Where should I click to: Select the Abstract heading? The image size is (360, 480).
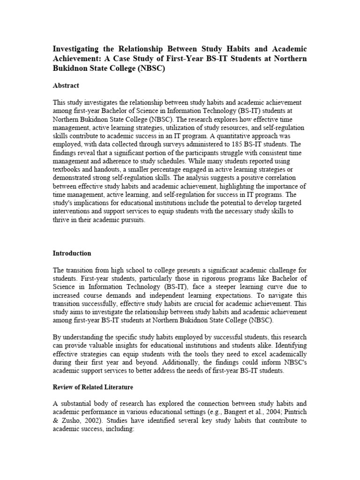click(x=66, y=85)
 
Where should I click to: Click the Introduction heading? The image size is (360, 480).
click(x=72, y=253)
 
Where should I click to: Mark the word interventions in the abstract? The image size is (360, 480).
click(x=73, y=212)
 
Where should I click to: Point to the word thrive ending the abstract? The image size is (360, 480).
click(x=61, y=220)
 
